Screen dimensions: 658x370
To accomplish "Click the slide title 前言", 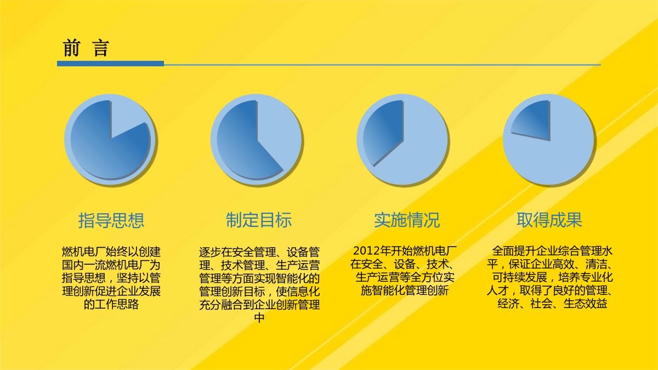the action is (x=86, y=48).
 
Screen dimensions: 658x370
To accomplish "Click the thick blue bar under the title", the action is (x=110, y=64).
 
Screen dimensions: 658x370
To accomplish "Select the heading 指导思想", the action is (x=111, y=220).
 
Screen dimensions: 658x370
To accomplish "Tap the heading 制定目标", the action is (x=258, y=220).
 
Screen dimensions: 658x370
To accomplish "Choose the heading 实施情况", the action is (x=407, y=220).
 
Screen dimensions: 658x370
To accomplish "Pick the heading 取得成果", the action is (x=549, y=220).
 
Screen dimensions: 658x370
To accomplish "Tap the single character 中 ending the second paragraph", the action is (x=259, y=318).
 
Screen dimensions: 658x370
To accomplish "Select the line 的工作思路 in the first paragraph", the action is (x=111, y=304).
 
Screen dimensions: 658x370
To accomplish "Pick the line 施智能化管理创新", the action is (x=405, y=291).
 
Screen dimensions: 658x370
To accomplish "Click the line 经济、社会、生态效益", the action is (x=552, y=304).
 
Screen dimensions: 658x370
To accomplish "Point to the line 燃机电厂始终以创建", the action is (x=111, y=252).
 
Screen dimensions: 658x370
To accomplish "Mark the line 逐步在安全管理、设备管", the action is (x=259, y=252).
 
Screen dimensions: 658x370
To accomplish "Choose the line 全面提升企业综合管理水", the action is (x=552, y=251).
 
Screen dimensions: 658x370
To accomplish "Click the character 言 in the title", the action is (x=101, y=48).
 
